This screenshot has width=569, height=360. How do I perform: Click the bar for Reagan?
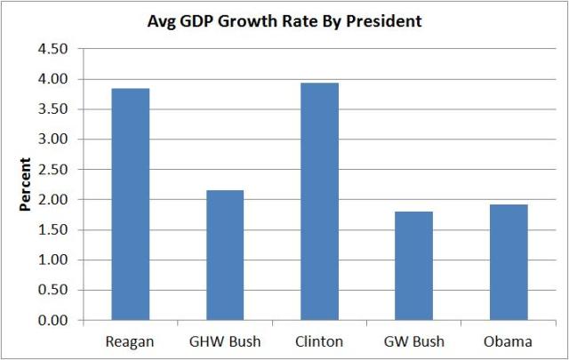click(x=130, y=204)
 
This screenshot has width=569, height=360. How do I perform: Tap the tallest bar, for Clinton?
click(x=319, y=201)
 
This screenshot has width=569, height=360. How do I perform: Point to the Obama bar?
click(x=509, y=261)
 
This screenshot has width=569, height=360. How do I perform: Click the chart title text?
click(x=284, y=21)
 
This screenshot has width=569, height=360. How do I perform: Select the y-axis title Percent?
click(x=26, y=185)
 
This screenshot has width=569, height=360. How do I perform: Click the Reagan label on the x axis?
click(x=130, y=341)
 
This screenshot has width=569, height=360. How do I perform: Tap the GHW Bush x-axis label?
click(x=225, y=341)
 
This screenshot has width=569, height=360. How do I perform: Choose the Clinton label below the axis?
click(x=319, y=341)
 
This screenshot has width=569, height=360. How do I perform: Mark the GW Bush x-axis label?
click(x=414, y=341)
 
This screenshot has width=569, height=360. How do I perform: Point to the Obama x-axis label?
click(x=509, y=341)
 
